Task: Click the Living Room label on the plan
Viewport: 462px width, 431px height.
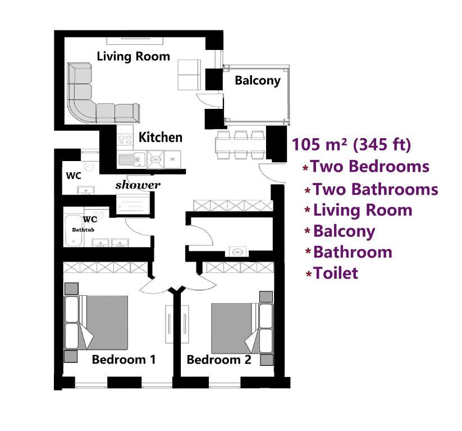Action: click(133, 57)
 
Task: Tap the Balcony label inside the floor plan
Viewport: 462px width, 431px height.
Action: click(258, 80)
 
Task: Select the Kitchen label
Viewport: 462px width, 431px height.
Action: click(161, 137)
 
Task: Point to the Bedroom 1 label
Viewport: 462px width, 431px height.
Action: click(123, 359)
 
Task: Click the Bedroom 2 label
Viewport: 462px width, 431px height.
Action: click(219, 360)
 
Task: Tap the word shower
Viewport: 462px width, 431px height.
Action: click(138, 185)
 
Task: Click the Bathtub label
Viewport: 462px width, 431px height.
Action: click(83, 230)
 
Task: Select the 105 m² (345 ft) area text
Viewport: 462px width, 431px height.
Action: click(351, 144)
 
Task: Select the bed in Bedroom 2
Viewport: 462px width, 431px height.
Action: click(242, 328)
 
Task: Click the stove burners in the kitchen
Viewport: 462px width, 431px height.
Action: click(125, 139)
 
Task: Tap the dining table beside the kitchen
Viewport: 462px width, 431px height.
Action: click(240, 145)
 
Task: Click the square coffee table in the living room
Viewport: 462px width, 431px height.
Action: click(189, 75)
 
